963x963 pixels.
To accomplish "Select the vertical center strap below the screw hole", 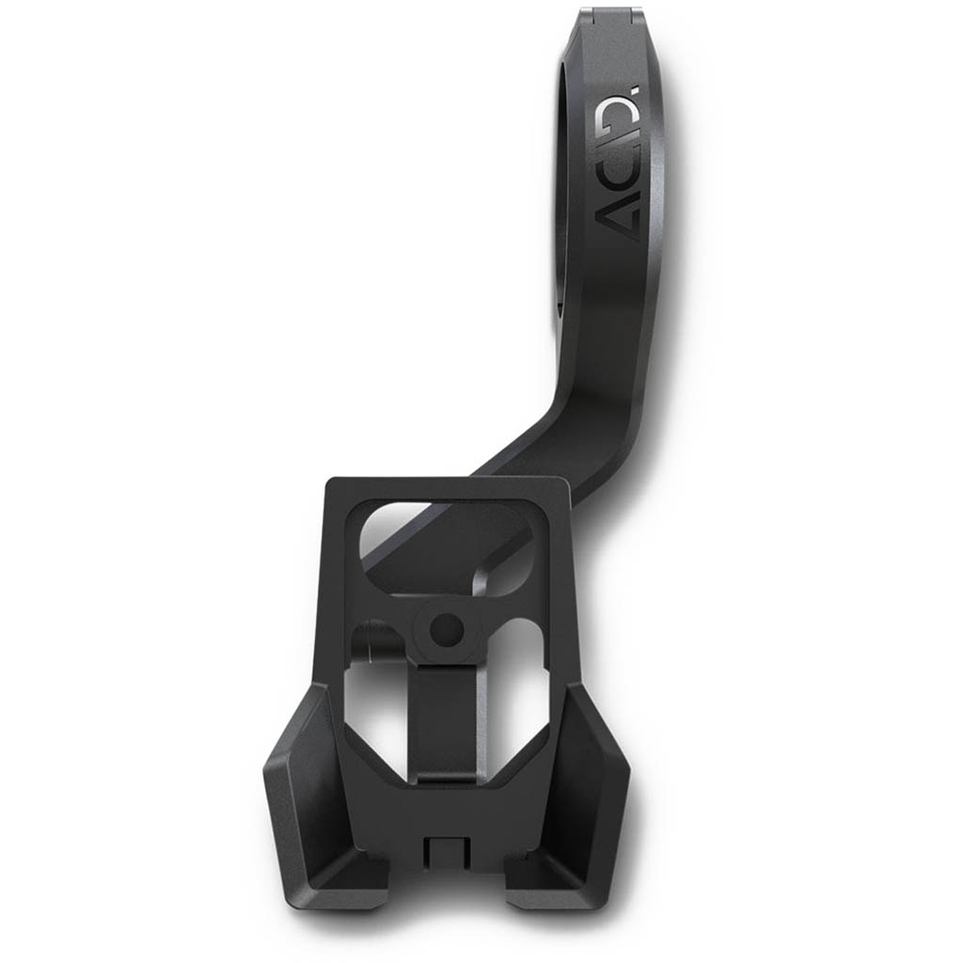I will coord(447,715).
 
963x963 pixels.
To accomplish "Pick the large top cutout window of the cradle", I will coord(442,541).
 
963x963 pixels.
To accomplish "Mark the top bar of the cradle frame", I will coord(446,489).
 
